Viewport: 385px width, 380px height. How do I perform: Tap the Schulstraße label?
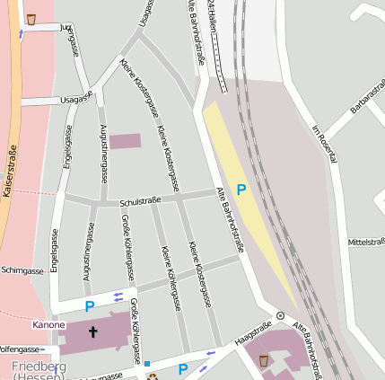click(140, 201)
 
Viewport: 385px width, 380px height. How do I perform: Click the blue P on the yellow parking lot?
click(241, 190)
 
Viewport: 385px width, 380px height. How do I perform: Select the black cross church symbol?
click(92, 332)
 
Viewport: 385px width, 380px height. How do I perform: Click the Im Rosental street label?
click(323, 143)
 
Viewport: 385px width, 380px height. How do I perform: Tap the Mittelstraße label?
click(365, 242)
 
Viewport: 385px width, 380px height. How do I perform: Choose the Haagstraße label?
click(252, 333)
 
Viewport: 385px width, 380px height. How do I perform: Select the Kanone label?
click(48, 324)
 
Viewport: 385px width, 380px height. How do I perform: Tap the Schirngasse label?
click(22, 270)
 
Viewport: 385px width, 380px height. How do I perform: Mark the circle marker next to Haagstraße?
click(280, 316)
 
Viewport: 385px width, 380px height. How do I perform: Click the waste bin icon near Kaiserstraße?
click(31, 19)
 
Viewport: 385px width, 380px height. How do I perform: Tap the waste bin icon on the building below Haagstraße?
click(263, 360)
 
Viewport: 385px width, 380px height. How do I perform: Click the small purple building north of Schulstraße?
click(125, 141)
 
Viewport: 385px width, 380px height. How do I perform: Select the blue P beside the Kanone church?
click(89, 306)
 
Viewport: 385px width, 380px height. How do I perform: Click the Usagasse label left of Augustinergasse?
click(75, 99)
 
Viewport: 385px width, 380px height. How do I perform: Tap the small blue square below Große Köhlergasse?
click(147, 364)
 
